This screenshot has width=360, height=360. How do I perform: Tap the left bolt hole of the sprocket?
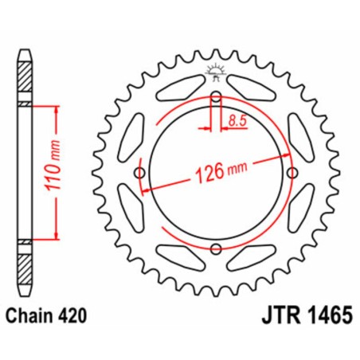[141, 174]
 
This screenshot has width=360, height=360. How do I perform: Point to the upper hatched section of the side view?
[26, 80]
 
